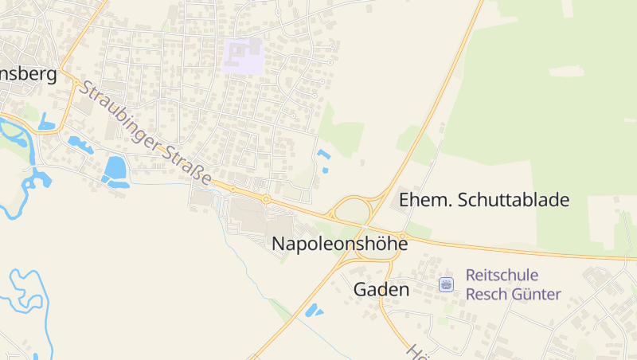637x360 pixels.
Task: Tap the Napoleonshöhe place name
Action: [x=340, y=244]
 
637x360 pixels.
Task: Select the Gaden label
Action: [x=381, y=290]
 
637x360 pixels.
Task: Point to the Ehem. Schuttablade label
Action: [x=484, y=200]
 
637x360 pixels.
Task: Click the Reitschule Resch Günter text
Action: [x=513, y=284]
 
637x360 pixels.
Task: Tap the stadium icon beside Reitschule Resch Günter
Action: [x=447, y=284]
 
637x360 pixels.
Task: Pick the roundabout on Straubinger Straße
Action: [x=266, y=198]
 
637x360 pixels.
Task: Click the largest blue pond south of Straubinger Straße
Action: [x=115, y=168]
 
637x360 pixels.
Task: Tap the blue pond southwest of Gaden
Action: [x=314, y=310]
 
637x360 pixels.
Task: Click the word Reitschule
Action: [x=502, y=275]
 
